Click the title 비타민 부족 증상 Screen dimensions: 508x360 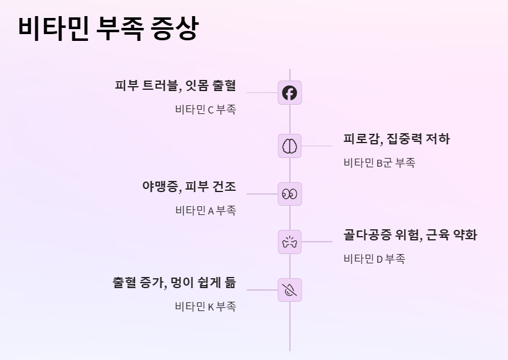click(x=108, y=29)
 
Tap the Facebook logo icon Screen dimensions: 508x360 click(x=289, y=93)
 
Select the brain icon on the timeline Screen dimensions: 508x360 click(x=289, y=146)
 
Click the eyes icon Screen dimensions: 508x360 click(x=289, y=193)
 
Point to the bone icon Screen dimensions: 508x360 click(x=289, y=242)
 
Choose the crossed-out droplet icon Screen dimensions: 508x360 click(x=289, y=289)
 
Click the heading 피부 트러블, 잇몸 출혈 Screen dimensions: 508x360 click(x=175, y=86)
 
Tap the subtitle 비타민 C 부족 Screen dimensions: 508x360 click(x=205, y=110)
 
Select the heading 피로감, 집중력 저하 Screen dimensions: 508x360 click(x=396, y=139)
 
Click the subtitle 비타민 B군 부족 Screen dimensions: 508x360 click(x=379, y=163)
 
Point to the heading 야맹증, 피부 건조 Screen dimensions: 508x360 click(x=189, y=187)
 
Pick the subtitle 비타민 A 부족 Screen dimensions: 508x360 click(x=205, y=211)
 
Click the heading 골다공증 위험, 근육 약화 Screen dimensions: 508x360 click(x=410, y=235)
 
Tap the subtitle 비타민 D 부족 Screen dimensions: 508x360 click(x=374, y=259)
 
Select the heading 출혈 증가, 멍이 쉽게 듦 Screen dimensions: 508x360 click(x=174, y=283)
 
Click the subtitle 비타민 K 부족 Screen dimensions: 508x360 click(x=205, y=307)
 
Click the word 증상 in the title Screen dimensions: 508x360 click(x=175, y=29)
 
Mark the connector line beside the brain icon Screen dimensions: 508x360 click(x=317, y=146)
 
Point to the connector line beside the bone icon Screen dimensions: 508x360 click(x=317, y=242)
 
